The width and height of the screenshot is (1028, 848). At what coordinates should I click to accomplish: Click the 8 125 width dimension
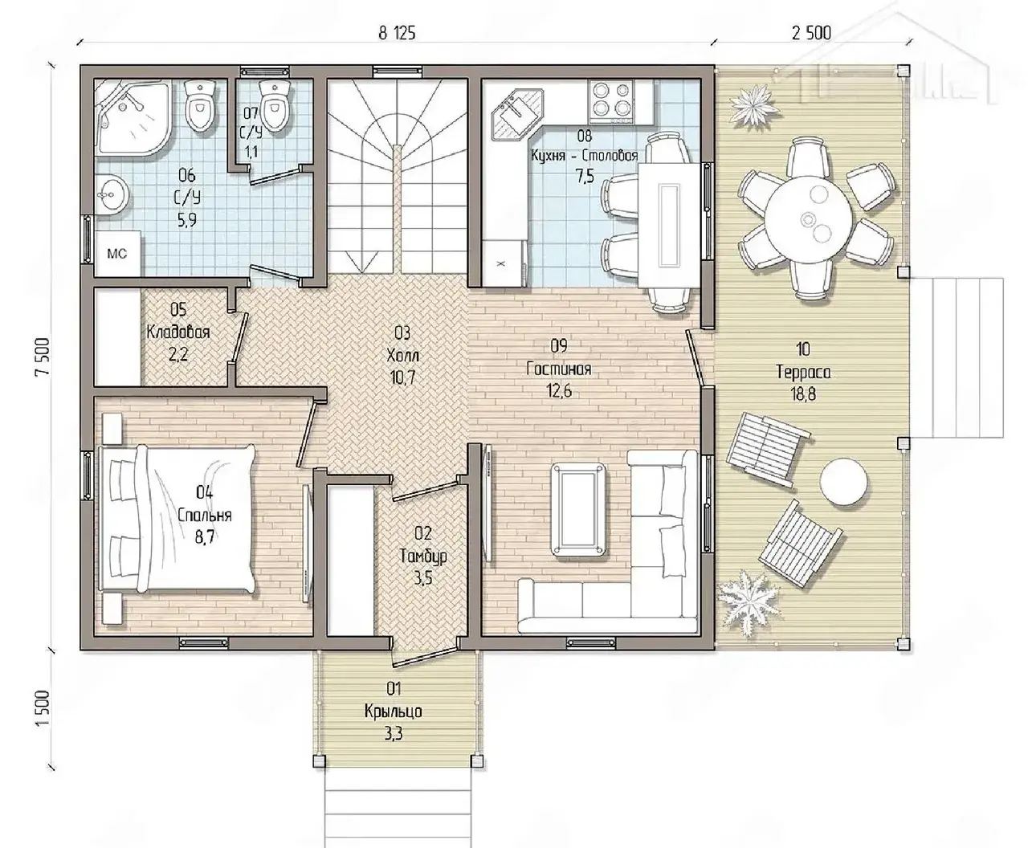pos(397,33)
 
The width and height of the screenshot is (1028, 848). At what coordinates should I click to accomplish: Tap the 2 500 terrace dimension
pos(811,33)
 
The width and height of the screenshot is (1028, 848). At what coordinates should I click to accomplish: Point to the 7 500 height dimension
pos(43,357)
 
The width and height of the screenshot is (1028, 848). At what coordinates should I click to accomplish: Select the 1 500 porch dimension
pos(43,707)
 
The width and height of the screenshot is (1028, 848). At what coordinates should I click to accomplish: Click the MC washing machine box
pos(117,254)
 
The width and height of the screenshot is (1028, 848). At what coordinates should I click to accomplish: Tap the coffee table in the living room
pos(578,509)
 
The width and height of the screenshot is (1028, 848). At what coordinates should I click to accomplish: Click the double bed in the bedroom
pos(178,519)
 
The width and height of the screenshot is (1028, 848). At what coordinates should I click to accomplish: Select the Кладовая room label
pos(178,332)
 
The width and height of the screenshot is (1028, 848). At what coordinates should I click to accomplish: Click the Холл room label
pos(402,355)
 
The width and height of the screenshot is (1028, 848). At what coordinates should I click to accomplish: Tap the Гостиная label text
pos(558,369)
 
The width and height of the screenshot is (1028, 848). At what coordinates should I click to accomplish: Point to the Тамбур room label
pos(423,556)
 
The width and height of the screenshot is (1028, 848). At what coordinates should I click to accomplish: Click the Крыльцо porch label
pos(393,711)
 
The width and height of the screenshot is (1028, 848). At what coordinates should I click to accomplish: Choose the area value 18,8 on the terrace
pos(803,394)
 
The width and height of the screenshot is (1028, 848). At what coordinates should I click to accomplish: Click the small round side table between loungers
pos(843,482)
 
